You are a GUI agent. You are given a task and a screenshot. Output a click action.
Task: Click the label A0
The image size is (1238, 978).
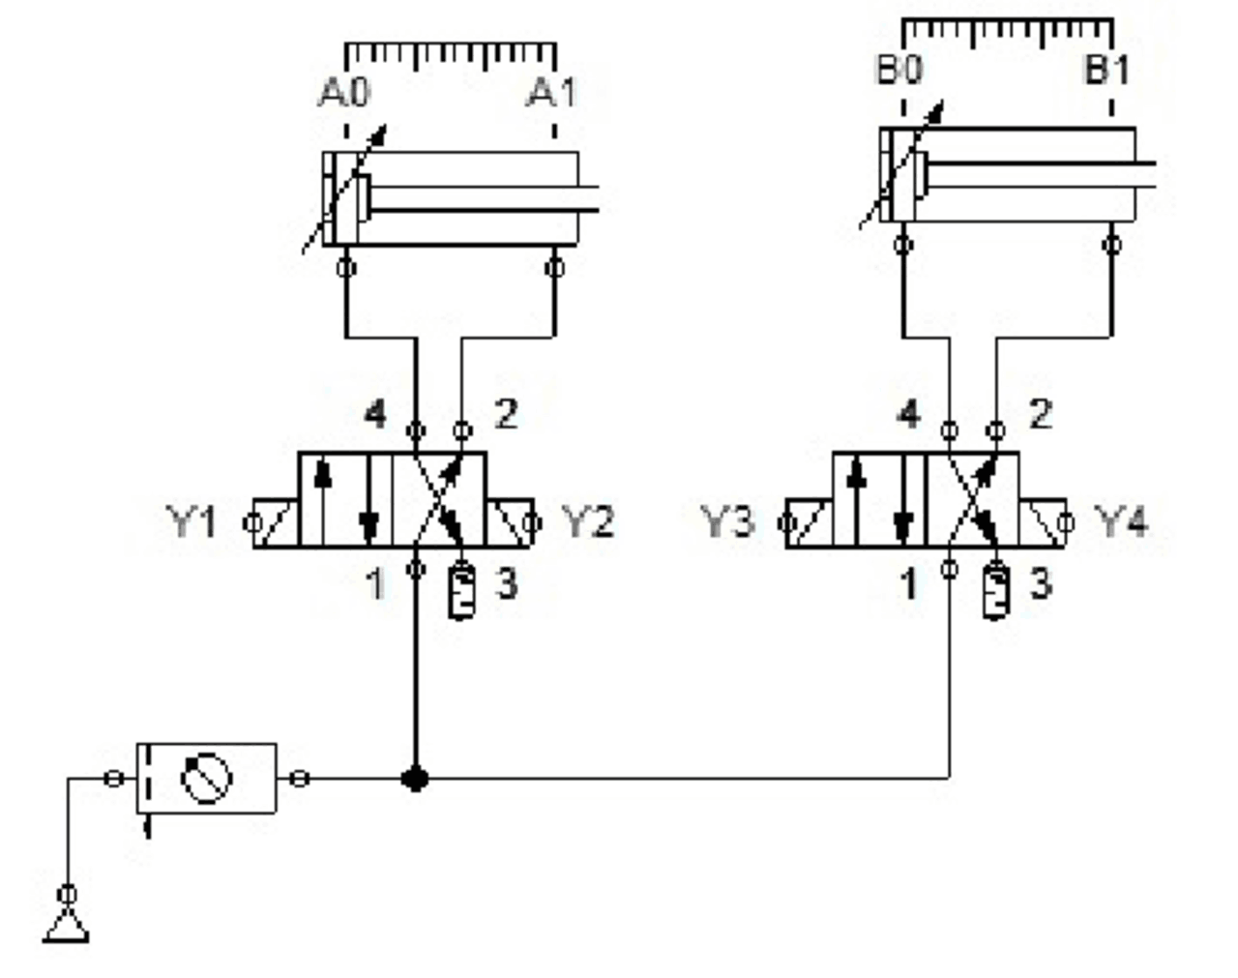344,94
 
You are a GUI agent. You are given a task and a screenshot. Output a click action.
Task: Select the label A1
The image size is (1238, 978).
551,94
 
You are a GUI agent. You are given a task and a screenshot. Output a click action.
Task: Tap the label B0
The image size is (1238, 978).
899,71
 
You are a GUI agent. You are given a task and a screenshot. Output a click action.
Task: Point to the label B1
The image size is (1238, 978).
1106,71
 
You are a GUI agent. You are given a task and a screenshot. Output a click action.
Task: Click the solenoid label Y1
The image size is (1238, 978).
192,522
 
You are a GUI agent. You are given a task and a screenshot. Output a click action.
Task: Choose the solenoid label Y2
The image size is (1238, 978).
588,522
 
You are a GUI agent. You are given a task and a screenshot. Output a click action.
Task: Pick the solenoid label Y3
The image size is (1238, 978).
726,522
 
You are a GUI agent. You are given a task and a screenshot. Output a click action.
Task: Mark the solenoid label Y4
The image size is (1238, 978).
1122,522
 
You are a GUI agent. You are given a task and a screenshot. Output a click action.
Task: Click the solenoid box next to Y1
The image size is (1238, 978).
276,523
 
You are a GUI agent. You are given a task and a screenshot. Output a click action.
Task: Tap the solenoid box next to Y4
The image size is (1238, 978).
1043,523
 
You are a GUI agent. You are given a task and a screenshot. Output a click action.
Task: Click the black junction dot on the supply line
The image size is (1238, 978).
415,778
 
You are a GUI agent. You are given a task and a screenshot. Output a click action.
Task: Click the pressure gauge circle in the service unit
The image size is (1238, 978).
208,779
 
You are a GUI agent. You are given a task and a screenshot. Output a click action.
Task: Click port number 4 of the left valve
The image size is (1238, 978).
375,415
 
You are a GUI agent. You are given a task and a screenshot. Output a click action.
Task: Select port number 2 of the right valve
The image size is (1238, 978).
1040,415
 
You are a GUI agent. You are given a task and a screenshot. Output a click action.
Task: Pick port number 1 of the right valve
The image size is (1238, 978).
908,583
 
